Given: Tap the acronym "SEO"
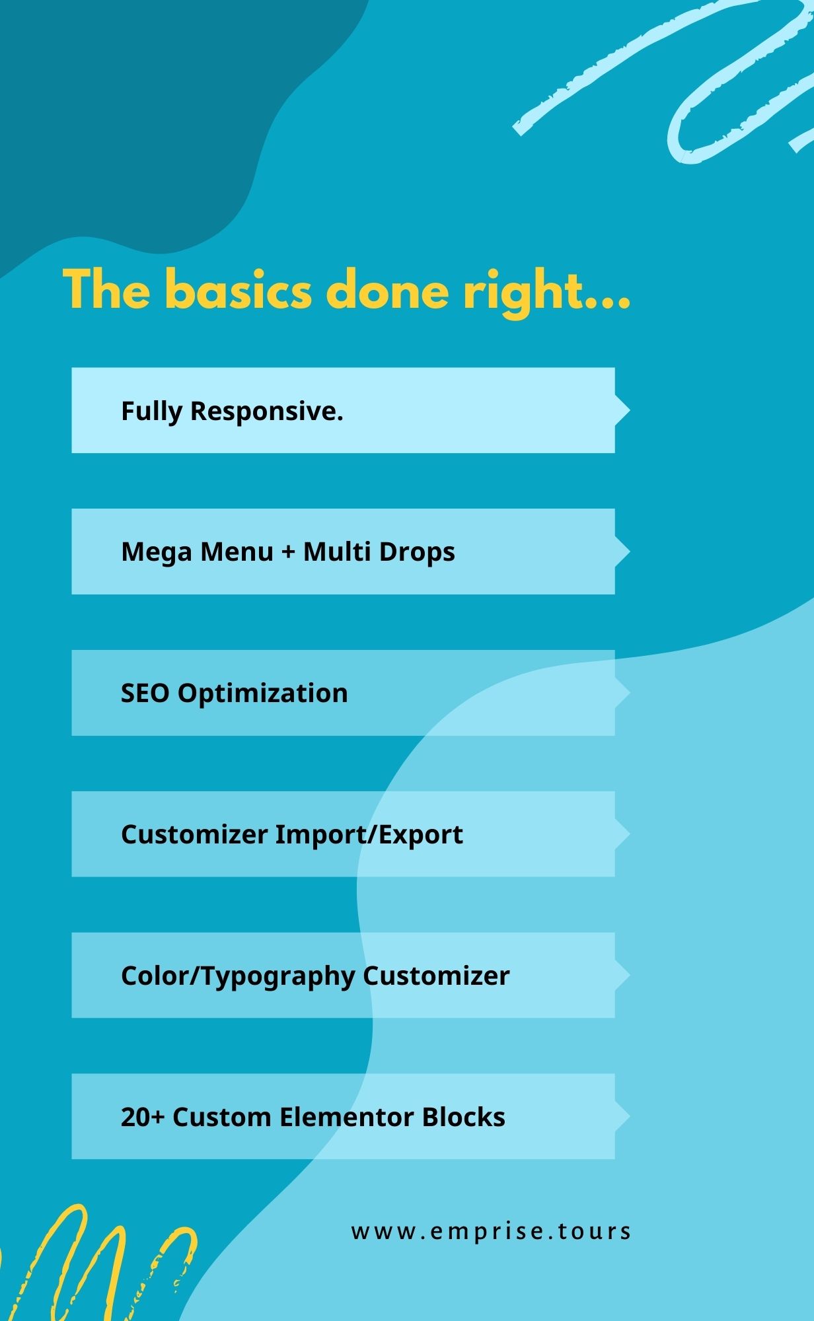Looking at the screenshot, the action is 145,693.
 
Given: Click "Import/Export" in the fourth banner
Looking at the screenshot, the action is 369,835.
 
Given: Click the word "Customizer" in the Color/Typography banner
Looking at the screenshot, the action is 436,976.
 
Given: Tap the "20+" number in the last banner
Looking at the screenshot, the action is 143,1117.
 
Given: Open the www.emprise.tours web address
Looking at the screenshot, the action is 492,1231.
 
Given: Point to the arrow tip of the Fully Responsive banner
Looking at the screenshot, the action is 630,410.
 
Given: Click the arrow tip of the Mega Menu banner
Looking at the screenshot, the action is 630,552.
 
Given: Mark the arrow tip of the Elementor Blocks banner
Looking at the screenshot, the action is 630,1116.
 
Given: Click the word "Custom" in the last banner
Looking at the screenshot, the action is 222,1117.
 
